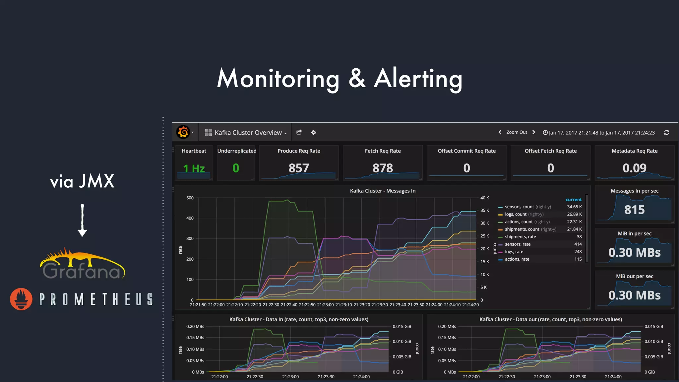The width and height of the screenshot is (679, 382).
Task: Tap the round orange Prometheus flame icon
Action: tap(21, 299)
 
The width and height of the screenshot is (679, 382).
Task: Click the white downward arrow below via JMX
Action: tap(82, 220)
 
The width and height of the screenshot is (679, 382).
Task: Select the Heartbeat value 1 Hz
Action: tap(194, 168)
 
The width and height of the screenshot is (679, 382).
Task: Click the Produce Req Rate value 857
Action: tap(299, 168)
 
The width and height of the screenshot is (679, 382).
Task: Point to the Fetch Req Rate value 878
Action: tap(383, 168)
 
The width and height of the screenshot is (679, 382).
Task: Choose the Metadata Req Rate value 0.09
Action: tap(635, 168)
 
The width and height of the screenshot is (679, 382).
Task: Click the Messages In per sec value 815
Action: tap(635, 210)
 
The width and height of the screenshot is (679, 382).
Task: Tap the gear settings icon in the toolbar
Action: tap(313, 132)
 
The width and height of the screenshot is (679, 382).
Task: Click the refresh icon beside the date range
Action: tap(666, 132)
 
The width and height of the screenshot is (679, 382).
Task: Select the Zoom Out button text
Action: tap(517, 132)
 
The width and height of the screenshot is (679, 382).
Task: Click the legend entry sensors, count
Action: tap(519, 207)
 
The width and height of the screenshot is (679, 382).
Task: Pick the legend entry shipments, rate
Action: tap(520, 236)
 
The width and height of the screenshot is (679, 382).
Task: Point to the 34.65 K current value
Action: tap(574, 207)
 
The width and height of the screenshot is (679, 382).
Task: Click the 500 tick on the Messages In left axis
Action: tap(190, 198)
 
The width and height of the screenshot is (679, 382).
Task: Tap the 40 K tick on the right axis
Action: tap(485, 198)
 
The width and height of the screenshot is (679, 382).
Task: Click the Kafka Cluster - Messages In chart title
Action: tap(383, 191)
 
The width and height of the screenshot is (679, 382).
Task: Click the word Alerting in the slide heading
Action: tap(418, 79)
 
